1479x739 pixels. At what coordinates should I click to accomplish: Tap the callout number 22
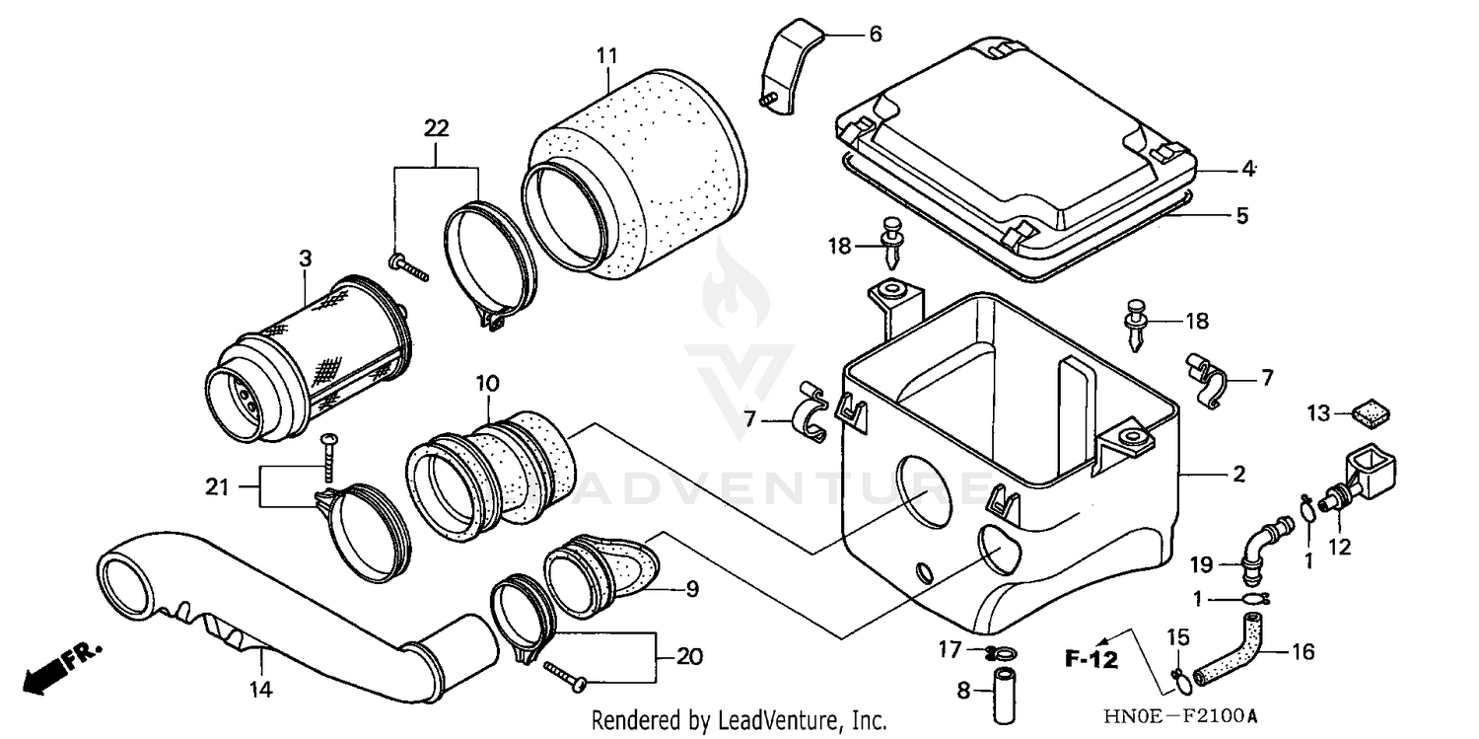point(436,127)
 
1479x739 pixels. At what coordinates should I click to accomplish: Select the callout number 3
point(305,259)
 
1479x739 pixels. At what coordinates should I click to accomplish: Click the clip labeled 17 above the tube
point(1001,651)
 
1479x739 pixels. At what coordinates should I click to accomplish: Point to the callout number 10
point(489,382)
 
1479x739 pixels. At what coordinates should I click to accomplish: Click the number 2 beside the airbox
point(1238,476)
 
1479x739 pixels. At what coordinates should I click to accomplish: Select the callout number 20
point(690,656)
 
